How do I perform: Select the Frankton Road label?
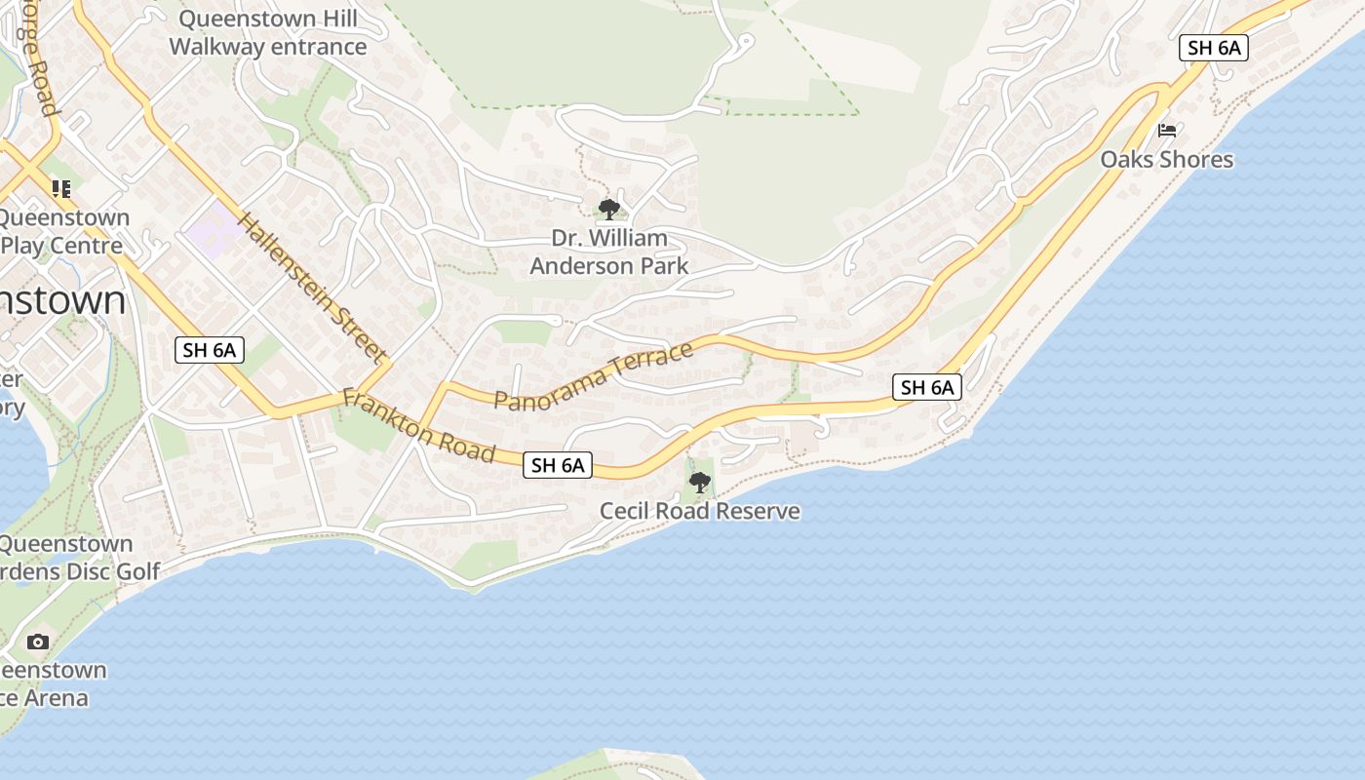pos(419,427)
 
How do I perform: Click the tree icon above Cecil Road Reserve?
pos(699,482)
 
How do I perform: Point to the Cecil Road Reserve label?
pos(699,511)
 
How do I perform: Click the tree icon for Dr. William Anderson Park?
pos(609,209)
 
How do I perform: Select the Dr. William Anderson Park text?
pos(609,252)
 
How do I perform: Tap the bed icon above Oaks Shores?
pos(1167,131)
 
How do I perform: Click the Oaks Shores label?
pos(1167,159)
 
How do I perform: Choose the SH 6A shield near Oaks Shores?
pos(1214,48)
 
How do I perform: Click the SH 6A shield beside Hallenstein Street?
pos(210,350)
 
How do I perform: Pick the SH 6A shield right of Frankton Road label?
pos(558,465)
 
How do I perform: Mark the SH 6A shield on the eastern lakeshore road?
pos(927,387)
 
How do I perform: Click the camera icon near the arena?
pos(38,642)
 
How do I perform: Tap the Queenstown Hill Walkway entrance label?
pos(268,32)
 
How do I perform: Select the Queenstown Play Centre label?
pos(63,231)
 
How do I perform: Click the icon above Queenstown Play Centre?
pos(61,189)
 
